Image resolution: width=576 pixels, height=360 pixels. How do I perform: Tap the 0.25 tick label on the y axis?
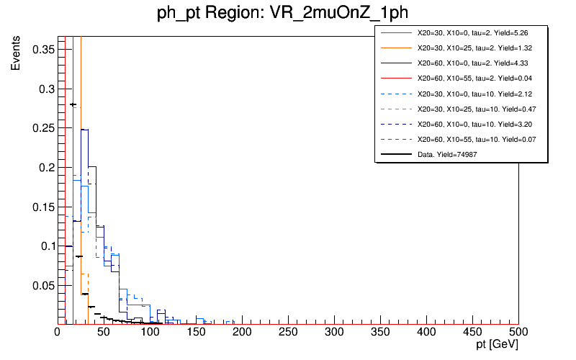coord(42,128)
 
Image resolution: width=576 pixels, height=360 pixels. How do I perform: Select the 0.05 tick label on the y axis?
coord(42,285)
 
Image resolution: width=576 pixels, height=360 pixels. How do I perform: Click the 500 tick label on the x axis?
coord(518,332)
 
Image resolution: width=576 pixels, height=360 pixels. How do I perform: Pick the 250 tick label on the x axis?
coord(288,332)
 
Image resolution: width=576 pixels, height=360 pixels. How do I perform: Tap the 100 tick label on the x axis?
coord(150,332)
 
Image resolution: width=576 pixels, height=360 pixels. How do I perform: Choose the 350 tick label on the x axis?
coord(380,332)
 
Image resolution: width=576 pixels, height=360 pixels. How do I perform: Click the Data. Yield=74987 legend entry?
coord(447,154)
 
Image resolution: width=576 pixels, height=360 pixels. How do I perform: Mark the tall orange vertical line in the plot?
coord(81,144)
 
